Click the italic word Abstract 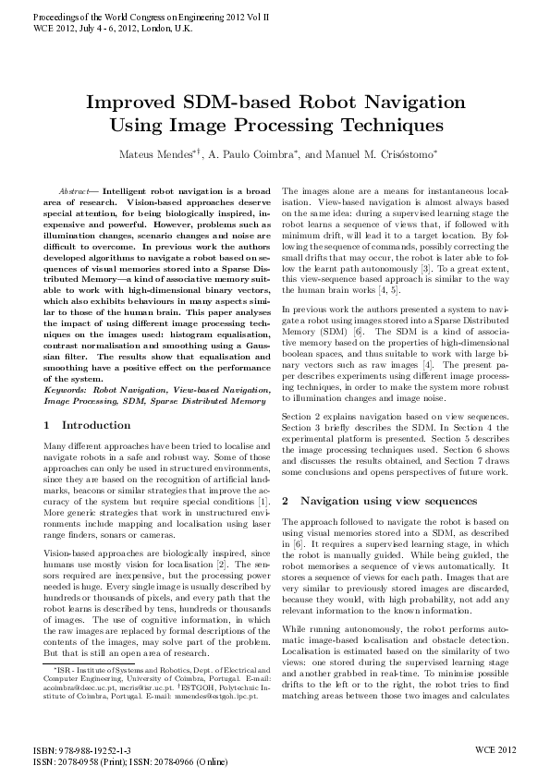(x=76, y=189)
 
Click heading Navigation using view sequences (x=389, y=500)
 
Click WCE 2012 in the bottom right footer (x=495, y=751)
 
